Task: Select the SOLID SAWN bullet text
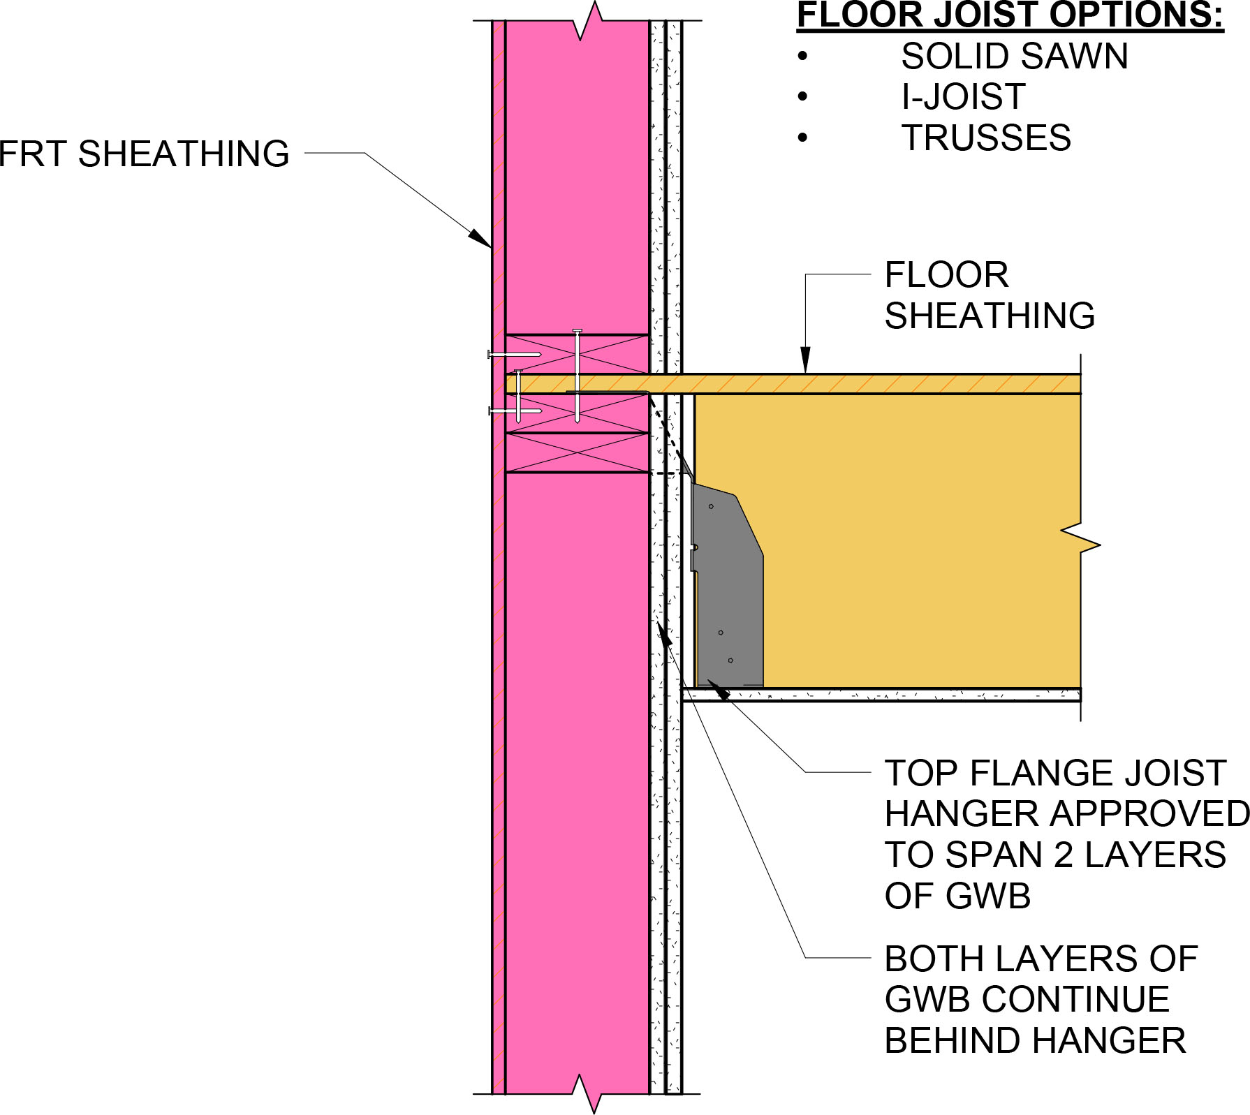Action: point(1014,57)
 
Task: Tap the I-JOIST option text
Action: point(963,97)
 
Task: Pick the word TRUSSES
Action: point(986,138)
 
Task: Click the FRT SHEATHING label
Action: point(144,154)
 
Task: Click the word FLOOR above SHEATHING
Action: point(946,275)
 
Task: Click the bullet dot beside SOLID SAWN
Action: point(803,57)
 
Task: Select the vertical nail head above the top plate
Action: point(578,331)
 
